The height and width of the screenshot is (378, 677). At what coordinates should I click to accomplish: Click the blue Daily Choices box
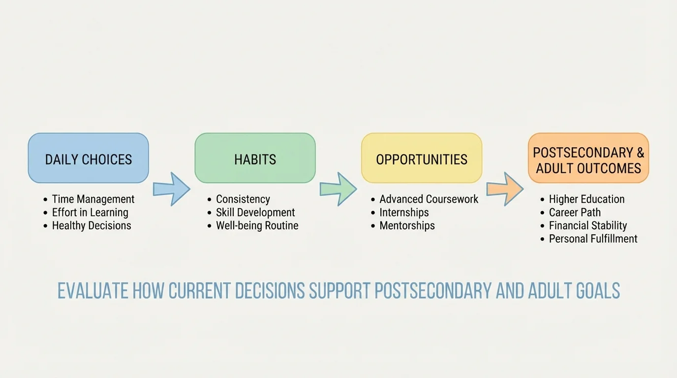click(x=88, y=158)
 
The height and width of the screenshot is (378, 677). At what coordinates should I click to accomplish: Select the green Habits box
click(x=255, y=158)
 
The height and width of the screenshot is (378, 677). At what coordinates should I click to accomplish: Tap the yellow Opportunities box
click(x=422, y=158)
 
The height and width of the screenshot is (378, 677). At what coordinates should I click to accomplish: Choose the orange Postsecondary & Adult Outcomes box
click(x=588, y=158)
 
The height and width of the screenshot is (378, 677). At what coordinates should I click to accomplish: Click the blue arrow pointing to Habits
click(x=171, y=189)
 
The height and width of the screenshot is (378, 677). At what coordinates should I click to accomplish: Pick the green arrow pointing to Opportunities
click(x=338, y=189)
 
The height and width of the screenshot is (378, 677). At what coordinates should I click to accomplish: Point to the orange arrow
click(x=505, y=189)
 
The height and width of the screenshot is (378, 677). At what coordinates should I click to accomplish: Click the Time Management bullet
click(x=93, y=199)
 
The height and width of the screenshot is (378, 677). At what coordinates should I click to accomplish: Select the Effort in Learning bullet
click(x=90, y=213)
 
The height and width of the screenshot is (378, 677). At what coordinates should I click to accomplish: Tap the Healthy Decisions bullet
click(x=92, y=226)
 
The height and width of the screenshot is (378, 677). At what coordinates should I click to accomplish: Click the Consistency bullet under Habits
click(x=243, y=199)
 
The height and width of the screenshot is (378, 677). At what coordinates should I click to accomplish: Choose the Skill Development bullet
click(x=255, y=213)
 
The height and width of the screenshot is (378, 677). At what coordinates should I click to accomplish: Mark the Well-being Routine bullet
click(x=257, y=226)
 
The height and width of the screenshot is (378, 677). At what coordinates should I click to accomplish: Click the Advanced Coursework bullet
click(x=429, y=199)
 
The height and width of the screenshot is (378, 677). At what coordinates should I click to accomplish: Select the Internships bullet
click(x=404, y=213)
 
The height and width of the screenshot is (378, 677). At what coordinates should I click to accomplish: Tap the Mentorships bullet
click(x=407, y=226)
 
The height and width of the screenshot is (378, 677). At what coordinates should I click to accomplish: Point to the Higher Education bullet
click(x=586, y=199)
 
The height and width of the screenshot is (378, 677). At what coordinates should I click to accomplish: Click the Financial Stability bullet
click(x=588, y=226)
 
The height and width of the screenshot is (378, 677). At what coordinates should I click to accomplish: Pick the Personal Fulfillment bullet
click(x=593, y=239)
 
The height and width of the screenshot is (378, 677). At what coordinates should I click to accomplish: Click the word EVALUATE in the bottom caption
click(x=93, y=291)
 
